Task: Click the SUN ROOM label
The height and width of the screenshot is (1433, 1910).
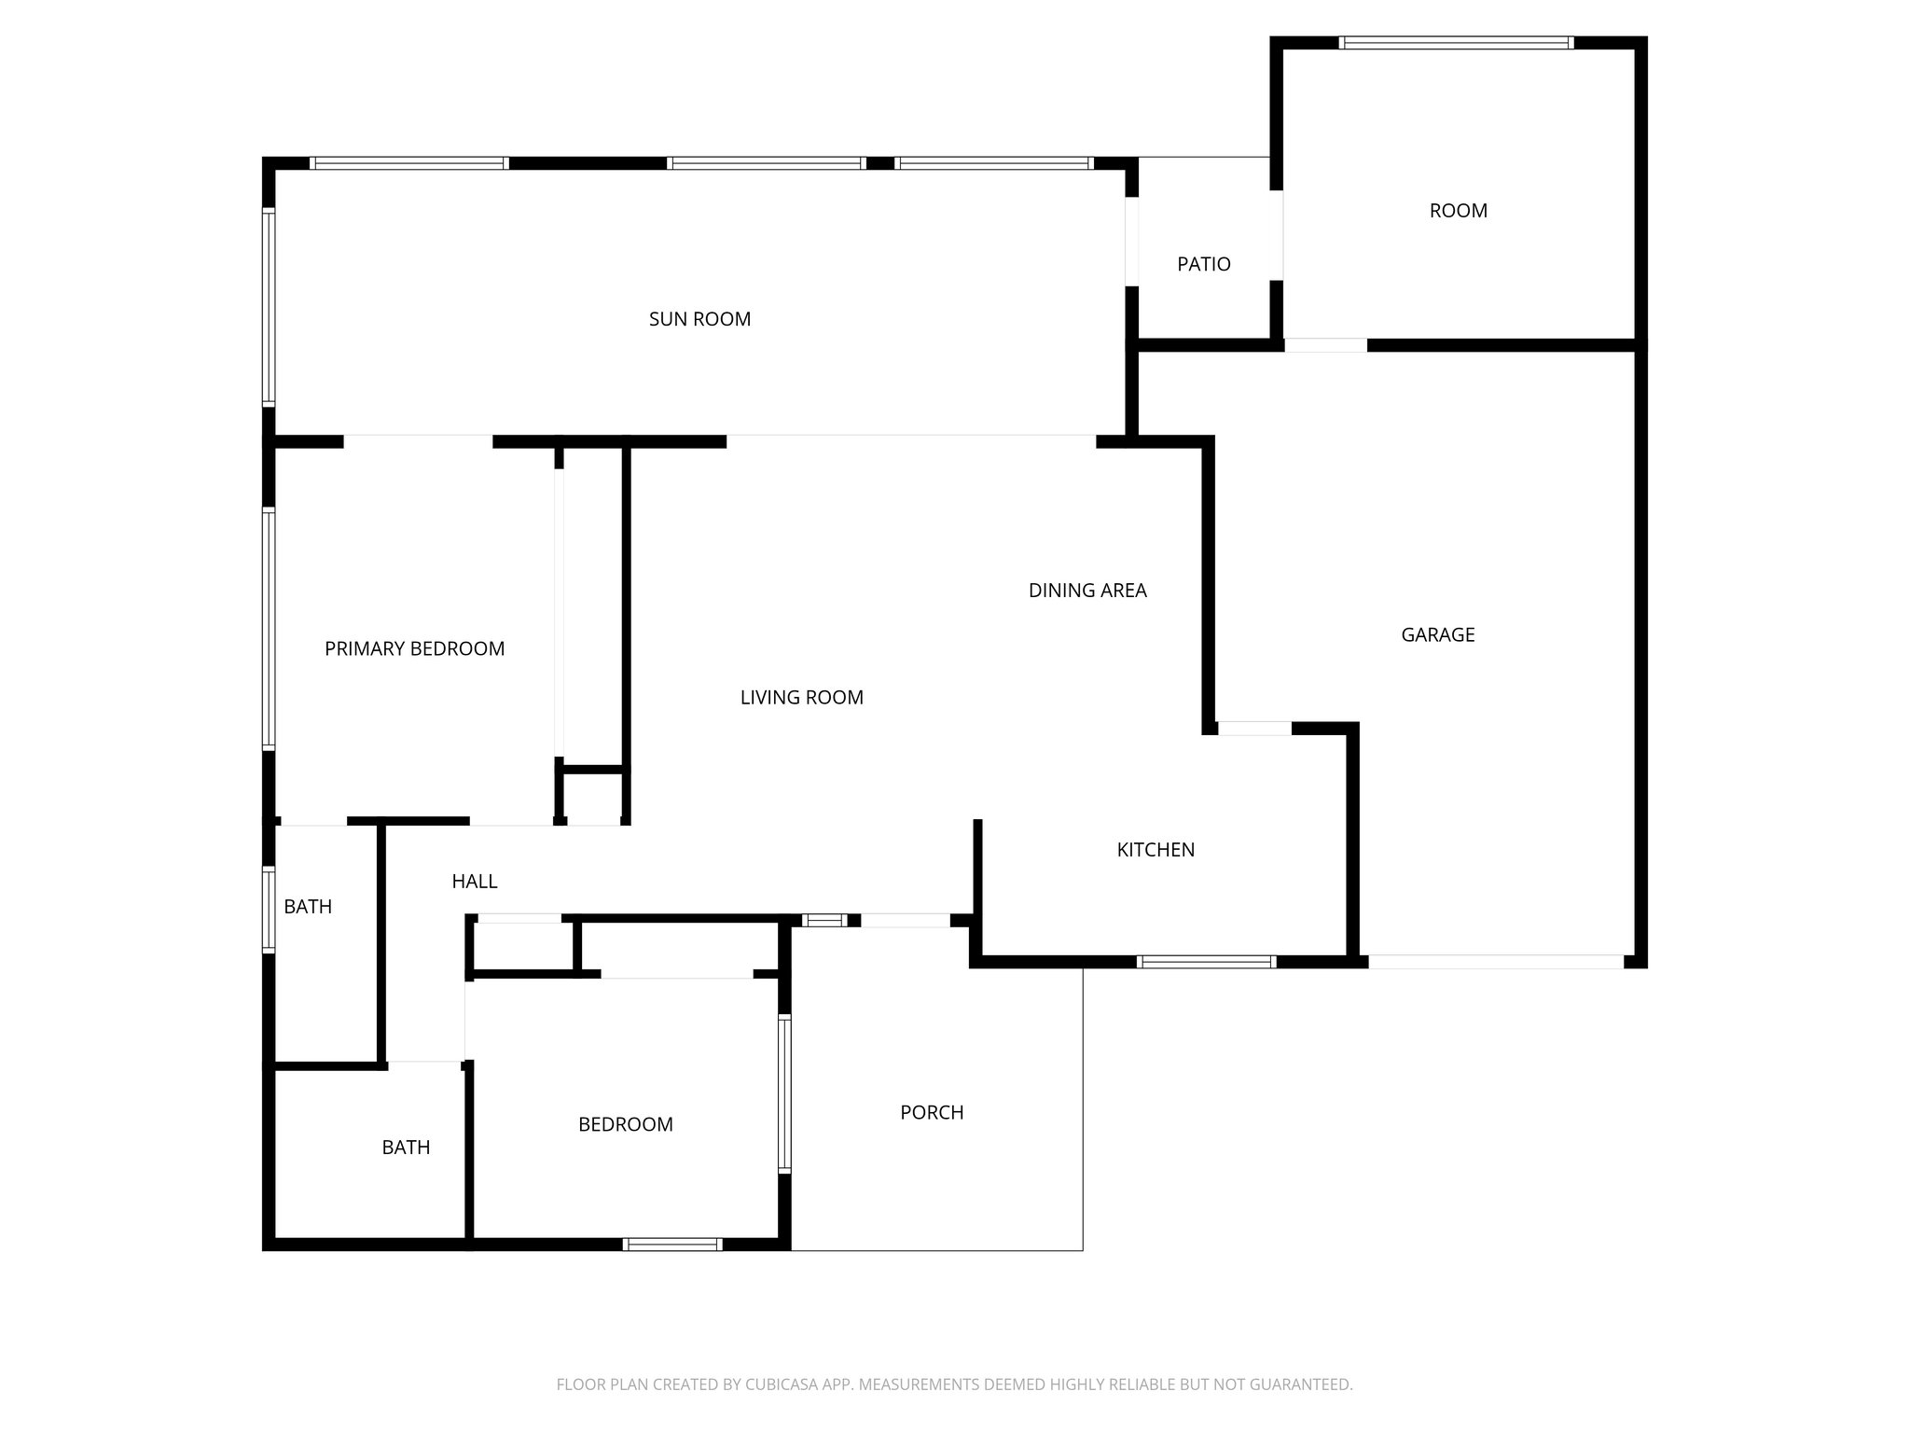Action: [699, 319]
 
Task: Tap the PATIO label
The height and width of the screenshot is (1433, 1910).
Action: [1204, 264]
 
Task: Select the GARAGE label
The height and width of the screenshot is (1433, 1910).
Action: [1437, 634]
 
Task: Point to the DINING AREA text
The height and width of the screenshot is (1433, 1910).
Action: [1087, 590]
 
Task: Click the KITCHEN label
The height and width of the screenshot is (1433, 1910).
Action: [1156, 849]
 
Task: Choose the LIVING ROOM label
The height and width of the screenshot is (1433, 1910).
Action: [801, 697]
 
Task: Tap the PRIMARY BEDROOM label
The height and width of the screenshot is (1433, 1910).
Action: [414, 648]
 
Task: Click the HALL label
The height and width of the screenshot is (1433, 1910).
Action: [474, 881]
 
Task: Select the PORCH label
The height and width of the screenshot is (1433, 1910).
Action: [932, 1112]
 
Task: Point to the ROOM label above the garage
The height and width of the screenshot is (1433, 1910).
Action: [1458, 211]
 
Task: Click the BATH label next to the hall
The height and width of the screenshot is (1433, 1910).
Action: [308, 907]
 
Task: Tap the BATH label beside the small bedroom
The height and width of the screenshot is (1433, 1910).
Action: [406, 1148]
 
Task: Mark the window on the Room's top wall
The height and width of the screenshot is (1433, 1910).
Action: [1456, 43]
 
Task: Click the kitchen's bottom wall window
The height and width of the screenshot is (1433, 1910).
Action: [1206, 962]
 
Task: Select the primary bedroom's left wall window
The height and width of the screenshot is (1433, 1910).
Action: [270, 628]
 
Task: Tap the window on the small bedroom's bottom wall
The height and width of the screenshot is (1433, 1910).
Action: [671, 1244]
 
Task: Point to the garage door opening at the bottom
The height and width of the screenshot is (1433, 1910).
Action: [1495, 962]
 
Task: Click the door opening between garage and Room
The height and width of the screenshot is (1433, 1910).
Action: [1325, 345]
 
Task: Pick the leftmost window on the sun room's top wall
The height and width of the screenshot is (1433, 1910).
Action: [409, 163]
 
